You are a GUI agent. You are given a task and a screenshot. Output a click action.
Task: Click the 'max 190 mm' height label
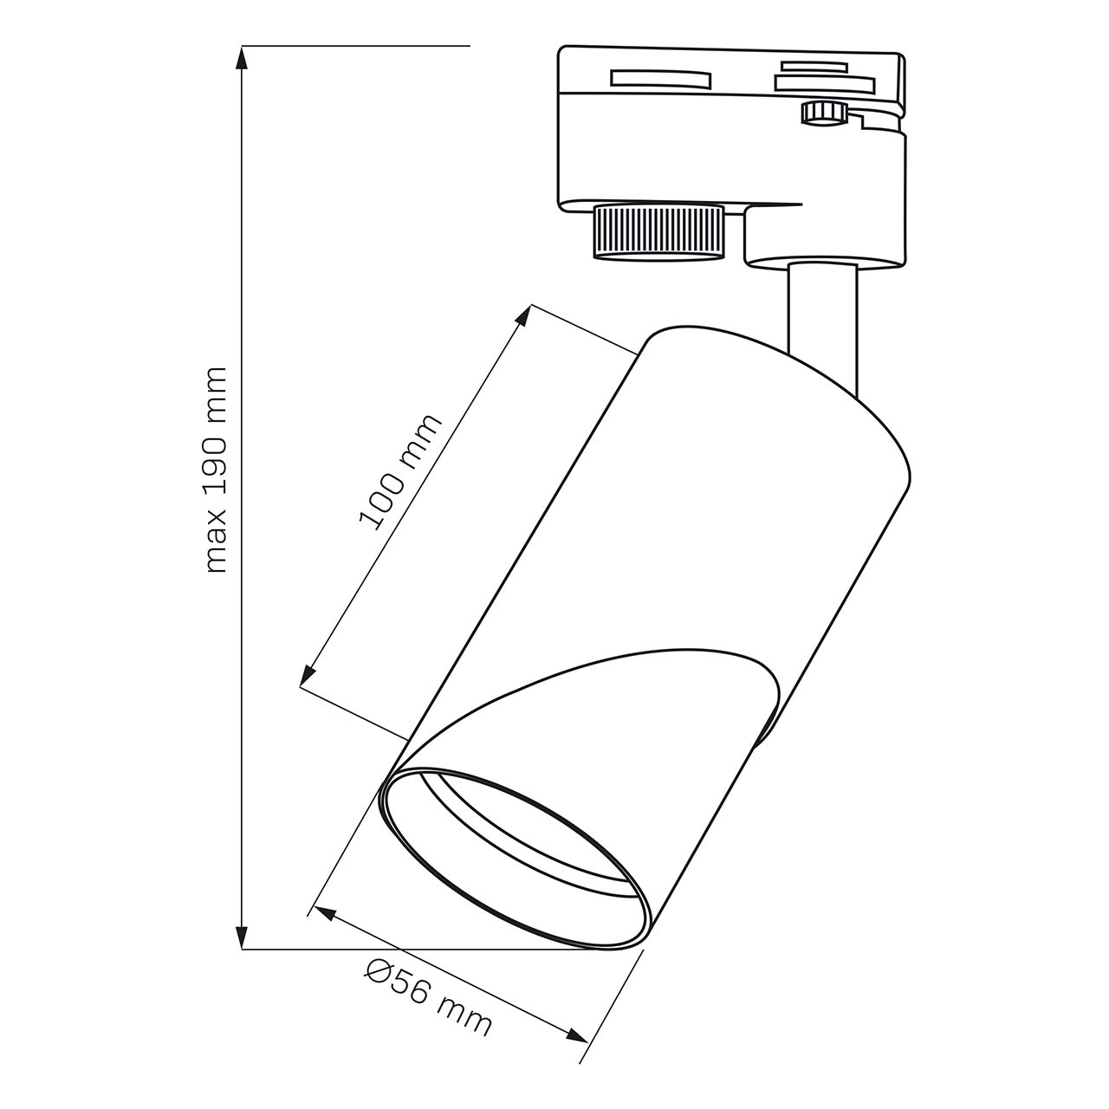[x=217, y=469]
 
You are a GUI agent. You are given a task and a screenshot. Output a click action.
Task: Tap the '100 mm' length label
[x=400, y=471]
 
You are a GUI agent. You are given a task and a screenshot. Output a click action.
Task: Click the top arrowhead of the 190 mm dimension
[x=242, y=60]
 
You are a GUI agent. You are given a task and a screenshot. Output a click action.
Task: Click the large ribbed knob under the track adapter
[x=658, y=232]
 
